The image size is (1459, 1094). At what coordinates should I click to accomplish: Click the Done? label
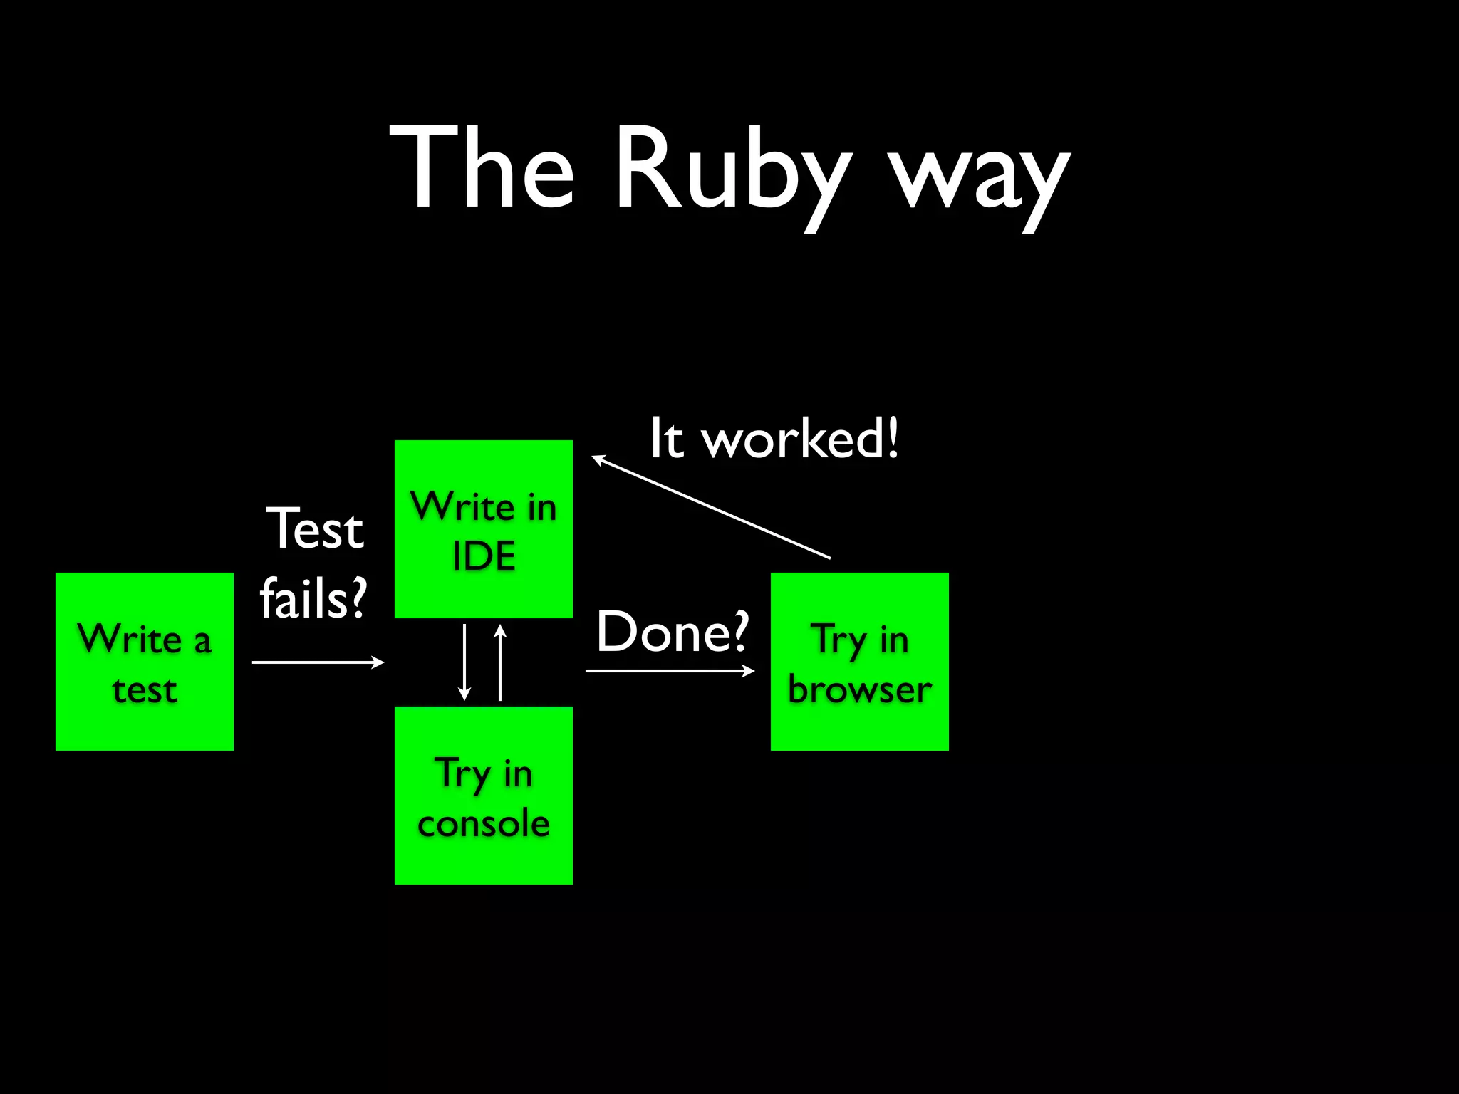tap(673, 632)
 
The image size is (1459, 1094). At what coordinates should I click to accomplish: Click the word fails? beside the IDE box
tap(313, 598)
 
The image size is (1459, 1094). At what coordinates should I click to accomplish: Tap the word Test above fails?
tap(315, 529)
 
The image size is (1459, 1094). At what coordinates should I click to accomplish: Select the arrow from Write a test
tap(318, 662)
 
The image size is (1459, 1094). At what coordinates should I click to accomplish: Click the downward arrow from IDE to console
tap(464, 662)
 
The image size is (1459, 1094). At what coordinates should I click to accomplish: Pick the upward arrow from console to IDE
tap(500, 662)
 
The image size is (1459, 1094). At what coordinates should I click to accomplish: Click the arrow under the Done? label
tap(670, 670)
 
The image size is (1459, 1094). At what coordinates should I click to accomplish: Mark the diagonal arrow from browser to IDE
tap(711, 508)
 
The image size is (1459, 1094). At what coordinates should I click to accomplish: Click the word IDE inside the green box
tap(484, 556)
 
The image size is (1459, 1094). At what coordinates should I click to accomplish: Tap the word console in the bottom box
tap(484, 824)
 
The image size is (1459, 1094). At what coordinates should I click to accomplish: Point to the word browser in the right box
tap(860, 689)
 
